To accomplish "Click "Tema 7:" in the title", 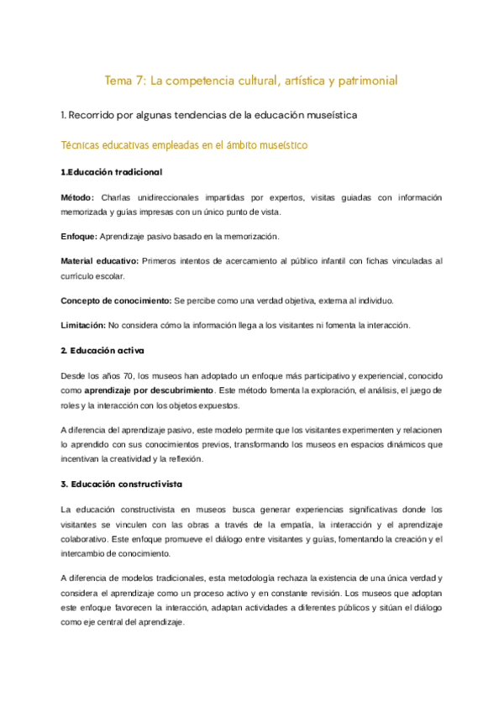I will pos(122,81).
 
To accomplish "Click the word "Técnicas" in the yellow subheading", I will pos(81,146).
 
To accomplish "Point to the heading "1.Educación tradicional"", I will pos(112,172).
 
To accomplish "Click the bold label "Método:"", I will pos(81,197).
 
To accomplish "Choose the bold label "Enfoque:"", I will pos(82,238).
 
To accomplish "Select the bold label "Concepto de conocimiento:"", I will pos(116,301).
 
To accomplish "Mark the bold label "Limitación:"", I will pos(83,325).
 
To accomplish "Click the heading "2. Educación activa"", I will pos(102,349).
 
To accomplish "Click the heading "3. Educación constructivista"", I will pos(121,484).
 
